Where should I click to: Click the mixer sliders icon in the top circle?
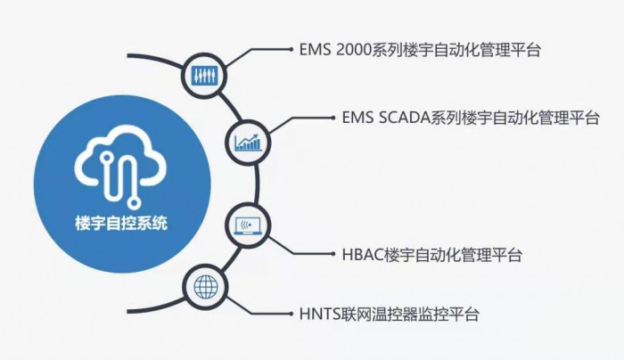[x=204, y=75]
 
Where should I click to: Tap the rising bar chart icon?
[x=248, y=143]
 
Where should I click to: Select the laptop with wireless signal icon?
[x=248, y=225]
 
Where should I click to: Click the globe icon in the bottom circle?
[x=206, y=286]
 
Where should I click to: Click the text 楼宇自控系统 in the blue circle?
[x=121, y=223]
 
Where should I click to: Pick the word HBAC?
[x=363, y=255]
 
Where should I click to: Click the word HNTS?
[x=319, y=315]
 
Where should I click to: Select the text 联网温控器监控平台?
[x=409, y=315]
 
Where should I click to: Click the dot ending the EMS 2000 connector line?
[x=291, y=49]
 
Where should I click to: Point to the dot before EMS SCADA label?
[x=333, y=118]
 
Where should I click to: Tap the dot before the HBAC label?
[x=333, y=254]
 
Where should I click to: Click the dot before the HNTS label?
[x=291, y=314]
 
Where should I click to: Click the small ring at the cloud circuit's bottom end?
[x=134, y=203]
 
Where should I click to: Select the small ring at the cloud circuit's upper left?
[x=106, y=157]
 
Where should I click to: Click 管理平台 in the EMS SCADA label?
[x=569, y=119]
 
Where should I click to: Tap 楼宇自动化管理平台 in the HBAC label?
[x=453, y=255]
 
